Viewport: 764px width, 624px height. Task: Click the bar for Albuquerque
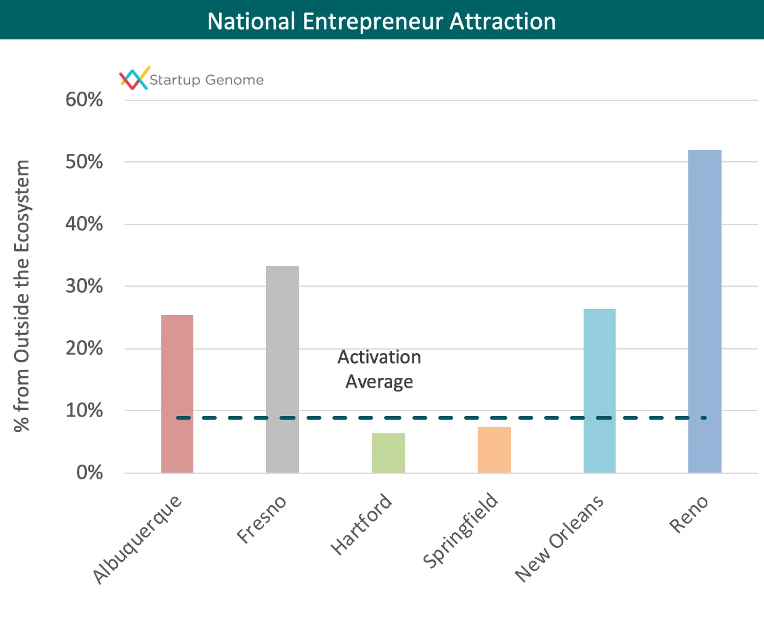(177, 393)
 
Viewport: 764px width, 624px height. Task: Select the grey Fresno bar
(283, 369)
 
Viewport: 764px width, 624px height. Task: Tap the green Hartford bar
(388, 453)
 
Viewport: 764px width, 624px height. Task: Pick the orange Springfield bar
(494, 450)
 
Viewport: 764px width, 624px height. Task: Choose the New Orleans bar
(600, 390)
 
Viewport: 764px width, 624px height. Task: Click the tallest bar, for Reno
(705, 311)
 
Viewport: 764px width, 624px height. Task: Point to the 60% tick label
(84, 100)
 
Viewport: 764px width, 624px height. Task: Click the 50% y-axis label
(84, 162)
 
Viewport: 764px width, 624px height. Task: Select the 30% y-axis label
(84, 286)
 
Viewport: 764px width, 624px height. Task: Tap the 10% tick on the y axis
(84, 410)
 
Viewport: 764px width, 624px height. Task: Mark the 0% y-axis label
(89, 473)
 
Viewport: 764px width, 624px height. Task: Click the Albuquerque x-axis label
(138, 538)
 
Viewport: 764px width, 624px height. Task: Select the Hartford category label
(361, 524)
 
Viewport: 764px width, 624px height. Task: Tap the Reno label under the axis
(689, 514)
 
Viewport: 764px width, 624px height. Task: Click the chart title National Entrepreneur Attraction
(382, 21)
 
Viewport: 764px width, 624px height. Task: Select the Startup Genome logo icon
(134, 78)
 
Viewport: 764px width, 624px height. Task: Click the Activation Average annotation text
(379, 369)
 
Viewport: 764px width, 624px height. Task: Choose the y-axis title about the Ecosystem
(22, 296)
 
